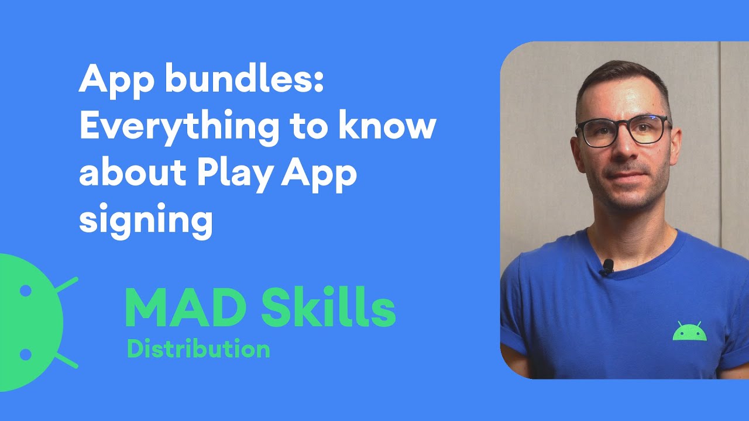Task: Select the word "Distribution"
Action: click(x=198, y=349)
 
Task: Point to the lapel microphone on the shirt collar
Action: click(x=607, y=268)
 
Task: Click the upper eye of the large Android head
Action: click(x=25, y=290)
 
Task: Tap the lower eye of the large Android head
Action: click(x=25, y=354)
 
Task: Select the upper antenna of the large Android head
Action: click(x=66, y=285)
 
